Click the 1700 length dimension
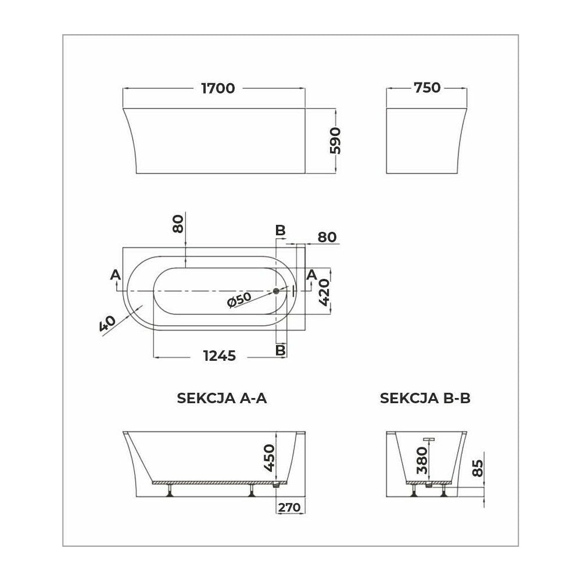point(218,88)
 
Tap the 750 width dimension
point(427,88)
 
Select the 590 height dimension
point(335,141)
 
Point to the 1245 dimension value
point(220,356)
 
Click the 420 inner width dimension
point(323,293)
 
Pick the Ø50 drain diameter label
point(239,300)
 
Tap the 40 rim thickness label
point(108,324)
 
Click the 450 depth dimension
point(270,458)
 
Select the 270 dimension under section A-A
point(289,507)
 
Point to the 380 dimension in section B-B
point(422,461)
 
